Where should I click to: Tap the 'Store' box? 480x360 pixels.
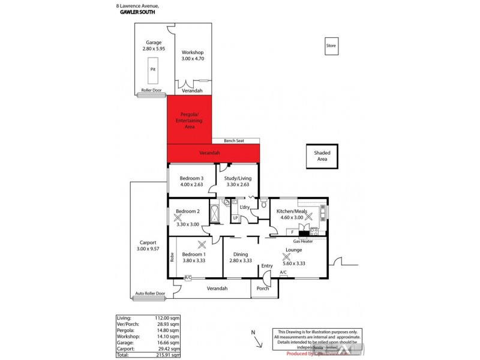(x=331, y=46)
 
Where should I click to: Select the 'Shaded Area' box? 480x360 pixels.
(x=322, y=155)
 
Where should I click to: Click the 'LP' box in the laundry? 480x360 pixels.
(x=235, y=218)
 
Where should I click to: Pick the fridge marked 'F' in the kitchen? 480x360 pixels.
(x=292, y=232)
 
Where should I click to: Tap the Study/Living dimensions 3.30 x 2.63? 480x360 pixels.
(x=238, y=184)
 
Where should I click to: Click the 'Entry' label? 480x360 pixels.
(x=267, y=266)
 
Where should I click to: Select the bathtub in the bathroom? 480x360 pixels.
(x=215, y=212)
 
